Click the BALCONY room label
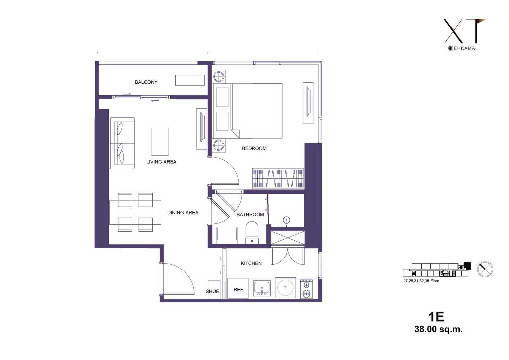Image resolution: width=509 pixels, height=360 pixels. tap(146, 82)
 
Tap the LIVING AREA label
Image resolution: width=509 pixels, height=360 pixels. tap(161, 162)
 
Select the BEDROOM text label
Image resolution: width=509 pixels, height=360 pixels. tap(254, 149)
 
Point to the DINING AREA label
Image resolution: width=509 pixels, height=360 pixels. tap(183, 213)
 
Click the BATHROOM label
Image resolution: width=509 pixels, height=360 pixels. tap(250, 215)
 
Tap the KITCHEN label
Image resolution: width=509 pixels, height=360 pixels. tap(251, 263)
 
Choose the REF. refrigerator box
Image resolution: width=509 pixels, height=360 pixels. tap(238, 288)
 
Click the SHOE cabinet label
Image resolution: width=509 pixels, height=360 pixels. tap(213, 291)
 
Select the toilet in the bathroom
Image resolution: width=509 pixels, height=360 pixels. tap(252, 232)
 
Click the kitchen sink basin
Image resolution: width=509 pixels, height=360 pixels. tap(262, 288)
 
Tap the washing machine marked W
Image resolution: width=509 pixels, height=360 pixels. tap(285, 288)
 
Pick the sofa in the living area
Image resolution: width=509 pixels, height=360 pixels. tap(122, 143)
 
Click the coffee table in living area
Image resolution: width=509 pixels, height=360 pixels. tap(160, 141)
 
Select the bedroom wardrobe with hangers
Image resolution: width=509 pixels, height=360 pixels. tap(278, 178)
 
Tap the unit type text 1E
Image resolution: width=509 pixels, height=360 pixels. tap(436, 317)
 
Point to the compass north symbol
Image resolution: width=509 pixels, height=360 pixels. tap(485, 269)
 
